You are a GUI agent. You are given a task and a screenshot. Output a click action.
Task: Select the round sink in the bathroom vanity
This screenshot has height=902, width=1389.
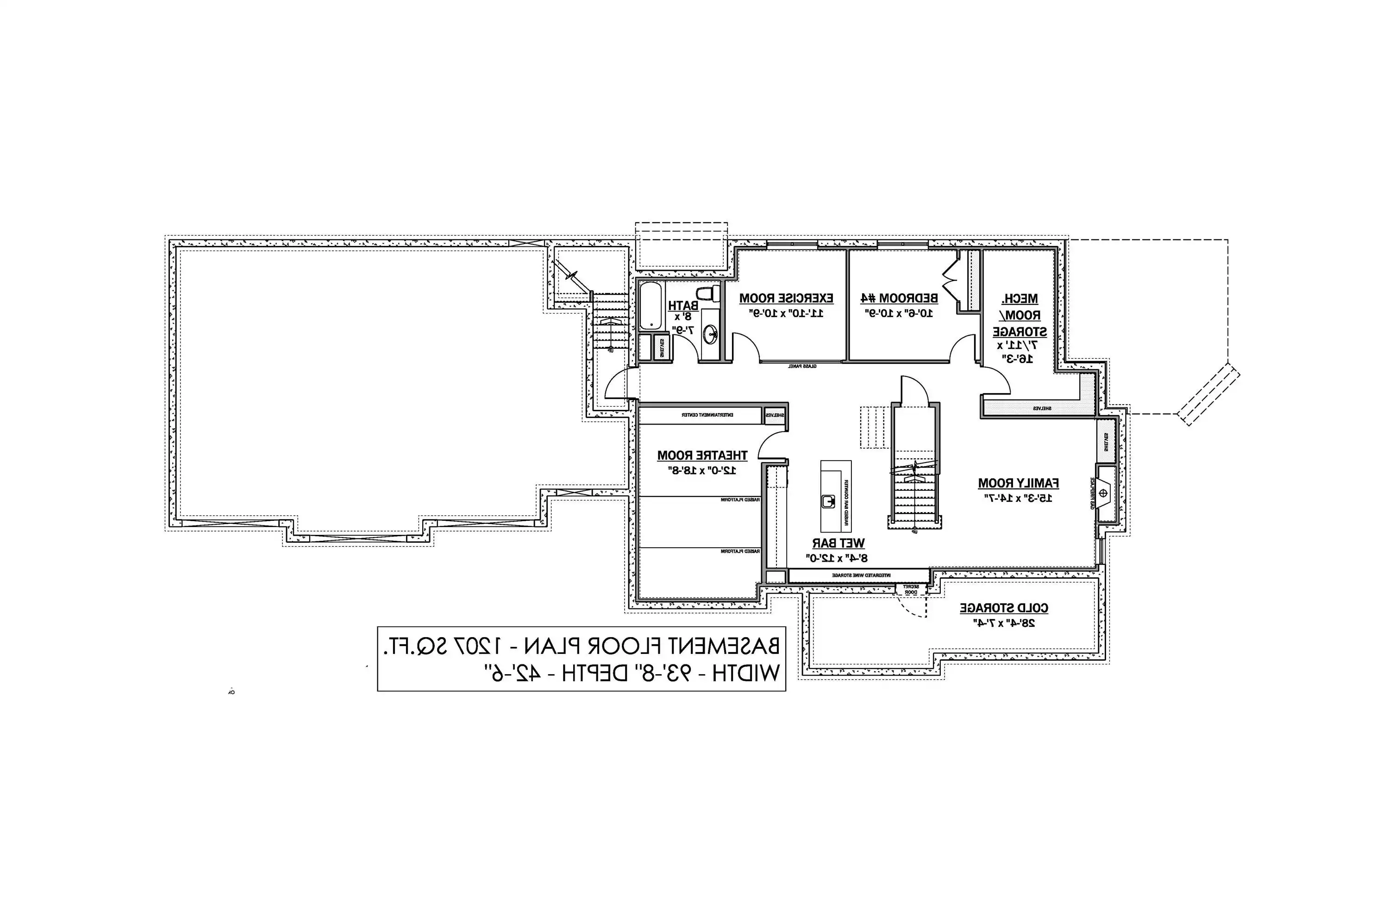click(x=710, y=334)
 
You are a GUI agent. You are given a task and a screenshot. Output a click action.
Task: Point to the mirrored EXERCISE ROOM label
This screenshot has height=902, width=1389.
click(x=786, y=298)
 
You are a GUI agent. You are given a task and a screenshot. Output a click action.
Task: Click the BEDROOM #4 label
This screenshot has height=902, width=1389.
click(x=899, y=298)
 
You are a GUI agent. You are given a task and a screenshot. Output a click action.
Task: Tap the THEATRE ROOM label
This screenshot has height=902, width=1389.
click(x=702, y=455)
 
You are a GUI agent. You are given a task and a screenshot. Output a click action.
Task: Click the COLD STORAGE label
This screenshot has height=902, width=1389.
click(x=1004, y=608)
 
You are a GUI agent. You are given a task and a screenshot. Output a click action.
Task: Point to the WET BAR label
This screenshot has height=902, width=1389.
click(x=838, y=544)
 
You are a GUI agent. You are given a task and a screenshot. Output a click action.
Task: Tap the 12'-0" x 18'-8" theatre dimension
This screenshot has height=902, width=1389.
click(x=702, y=470)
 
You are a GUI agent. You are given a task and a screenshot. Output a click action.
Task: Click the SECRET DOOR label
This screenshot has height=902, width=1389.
click(x=911, y=589)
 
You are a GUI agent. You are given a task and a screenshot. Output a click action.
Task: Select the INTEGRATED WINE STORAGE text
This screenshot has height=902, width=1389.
click(x=861, y=576)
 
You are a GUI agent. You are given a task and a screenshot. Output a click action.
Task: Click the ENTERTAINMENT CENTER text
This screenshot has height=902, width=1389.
click(x=707, y=415)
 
